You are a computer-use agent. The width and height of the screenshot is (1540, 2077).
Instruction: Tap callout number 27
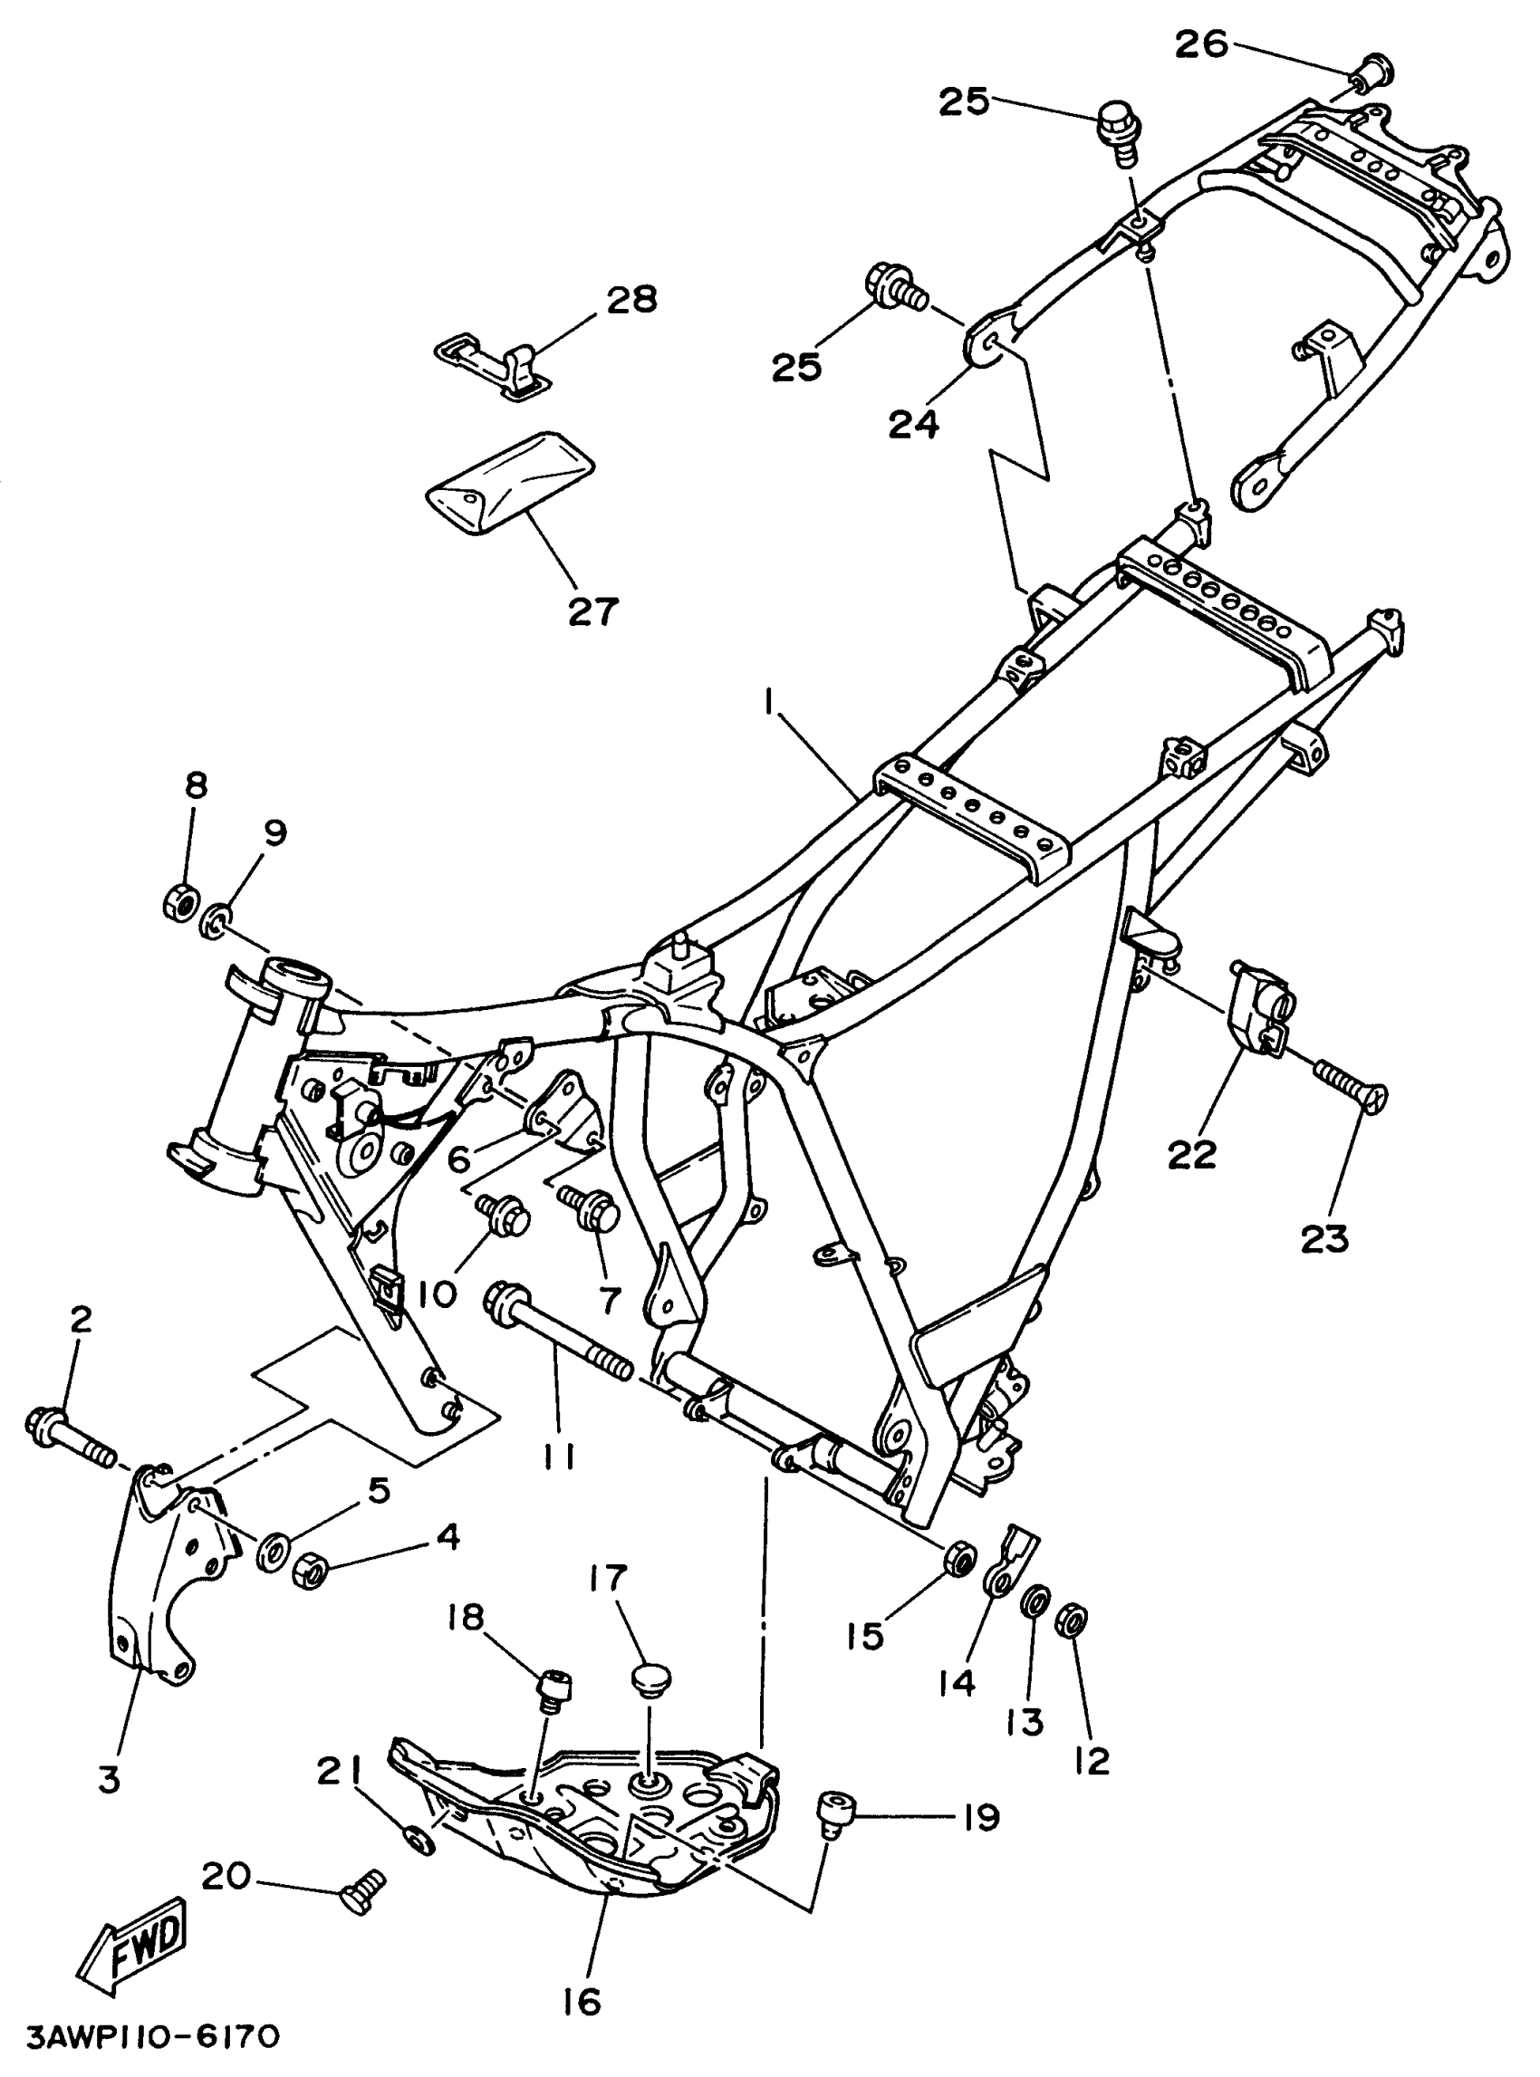(x=592, y=611)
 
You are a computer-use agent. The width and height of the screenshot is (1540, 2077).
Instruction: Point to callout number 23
(x=1325, y=1238)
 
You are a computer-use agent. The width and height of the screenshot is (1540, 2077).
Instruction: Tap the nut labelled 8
(x=180, y=902)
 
